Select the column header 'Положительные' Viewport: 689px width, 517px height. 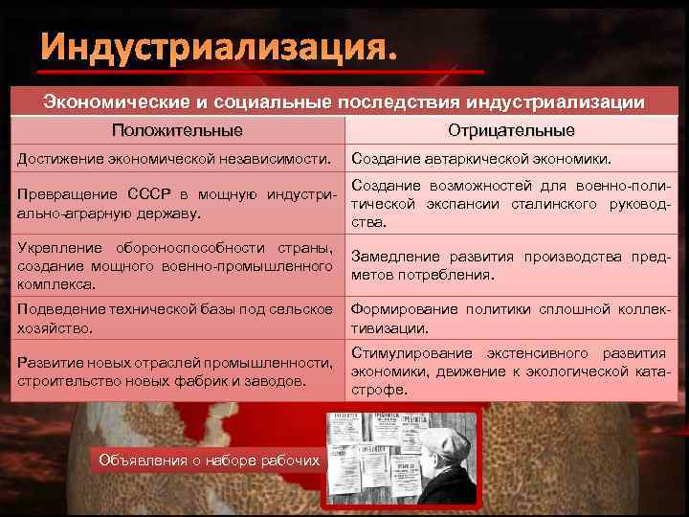(x=177, y=130)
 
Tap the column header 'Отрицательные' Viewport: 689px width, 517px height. (x=511, y=130)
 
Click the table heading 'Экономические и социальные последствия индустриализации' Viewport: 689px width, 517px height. (x=344, y=102)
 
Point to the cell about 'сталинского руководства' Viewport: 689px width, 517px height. (x=511, y=203)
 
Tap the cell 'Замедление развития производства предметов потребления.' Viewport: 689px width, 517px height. (x=511, y=265)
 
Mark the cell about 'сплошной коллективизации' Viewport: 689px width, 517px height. (x=511, y=318)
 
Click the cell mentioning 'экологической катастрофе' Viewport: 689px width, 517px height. (x=511, y=371)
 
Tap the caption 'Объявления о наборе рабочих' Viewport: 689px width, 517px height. (x=210, y=461)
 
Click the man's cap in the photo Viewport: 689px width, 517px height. (x=448, y=437)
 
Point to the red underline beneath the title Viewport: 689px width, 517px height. (x=262, y=73)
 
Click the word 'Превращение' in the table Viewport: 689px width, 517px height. (x=56, y=195)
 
